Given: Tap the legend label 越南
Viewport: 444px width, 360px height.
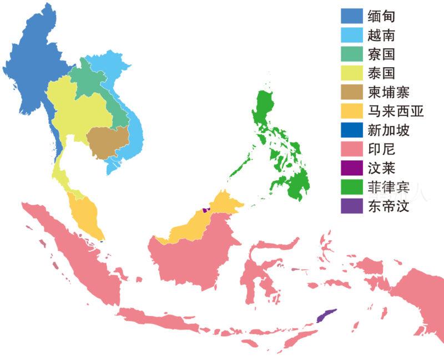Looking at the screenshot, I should click(x=381, y=35).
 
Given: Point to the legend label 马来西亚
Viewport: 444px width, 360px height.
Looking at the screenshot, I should click(x=396, y=111).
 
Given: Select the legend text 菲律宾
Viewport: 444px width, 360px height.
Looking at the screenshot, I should click(x=389, y=187).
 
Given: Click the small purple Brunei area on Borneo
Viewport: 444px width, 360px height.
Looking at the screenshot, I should click(x=206, y=210).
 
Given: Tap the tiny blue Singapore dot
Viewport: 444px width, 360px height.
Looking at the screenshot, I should click(x=103, y=241).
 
